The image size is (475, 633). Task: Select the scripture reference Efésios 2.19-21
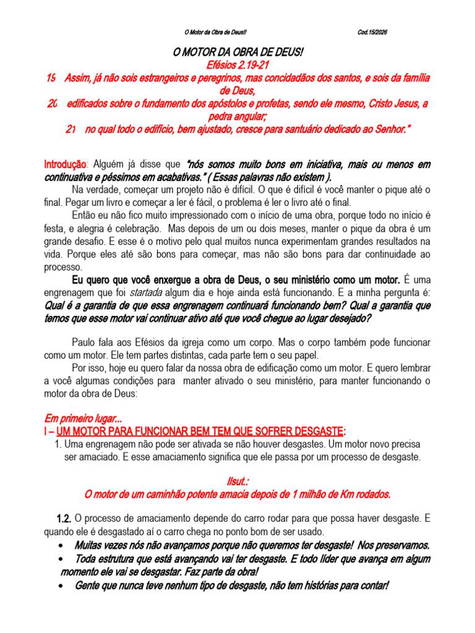click(x=237, y=65)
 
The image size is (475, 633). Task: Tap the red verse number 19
click(x=51, y=78)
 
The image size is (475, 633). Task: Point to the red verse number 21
click(x=71, y=129)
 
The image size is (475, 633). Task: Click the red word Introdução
click(x=64, y=165)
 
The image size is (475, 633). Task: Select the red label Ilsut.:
click(x=237, y=480)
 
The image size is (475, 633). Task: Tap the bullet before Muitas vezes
click(x=59, y=546)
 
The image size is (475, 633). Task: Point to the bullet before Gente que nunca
click(x=59, y=585)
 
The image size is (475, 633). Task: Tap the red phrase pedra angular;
click(x=237, y=116)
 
